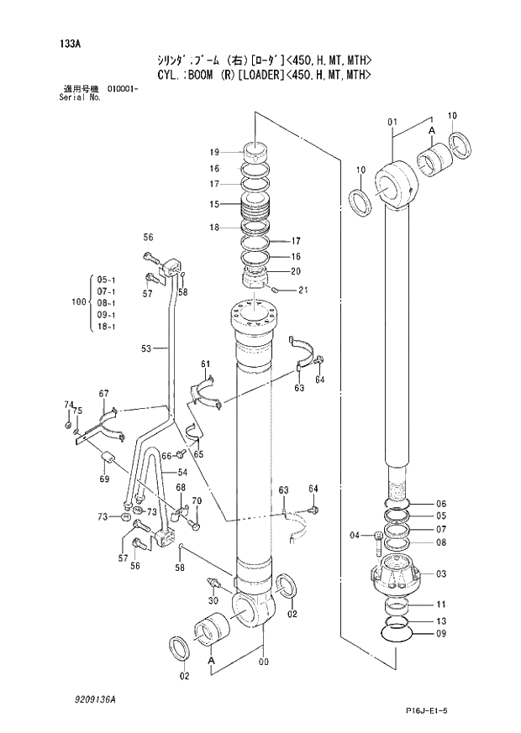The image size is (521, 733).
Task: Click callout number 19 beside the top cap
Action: coord(214,152)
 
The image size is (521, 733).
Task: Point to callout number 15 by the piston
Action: coord(214,204)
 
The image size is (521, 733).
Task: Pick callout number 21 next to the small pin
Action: coord(303,291)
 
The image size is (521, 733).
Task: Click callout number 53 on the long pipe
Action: coord(146,348)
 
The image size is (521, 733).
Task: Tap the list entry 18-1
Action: coord(107,327)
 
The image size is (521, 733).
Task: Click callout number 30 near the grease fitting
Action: coord(213,600)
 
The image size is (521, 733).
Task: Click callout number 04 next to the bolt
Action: coord(355,536)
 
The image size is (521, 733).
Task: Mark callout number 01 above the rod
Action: coord(392,123)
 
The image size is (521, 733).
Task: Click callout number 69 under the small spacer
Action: coord(103,479)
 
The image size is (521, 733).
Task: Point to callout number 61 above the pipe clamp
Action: coord(204,364)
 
